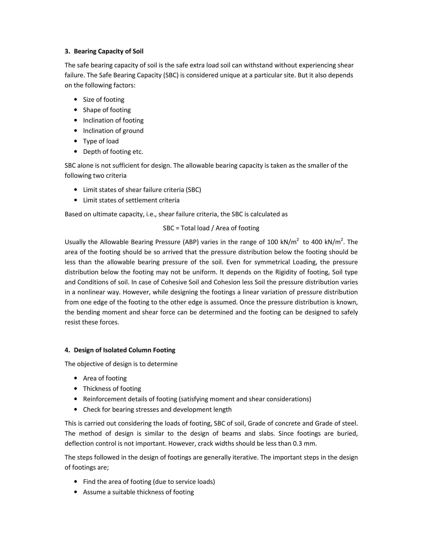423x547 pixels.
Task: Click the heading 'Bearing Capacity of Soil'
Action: point(108,51)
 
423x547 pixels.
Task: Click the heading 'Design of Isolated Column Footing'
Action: point(124,350)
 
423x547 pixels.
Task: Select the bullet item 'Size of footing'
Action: point(103,100)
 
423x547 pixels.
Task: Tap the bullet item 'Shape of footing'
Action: point(107,110)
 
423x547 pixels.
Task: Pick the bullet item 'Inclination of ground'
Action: point(113,131)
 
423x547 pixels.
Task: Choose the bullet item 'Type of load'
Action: point(101,141)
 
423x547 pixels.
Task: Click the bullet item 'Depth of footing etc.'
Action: point(113,152)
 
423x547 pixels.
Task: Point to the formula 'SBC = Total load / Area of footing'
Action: point(211,228)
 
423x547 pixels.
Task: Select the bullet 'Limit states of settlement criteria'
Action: point(131,200)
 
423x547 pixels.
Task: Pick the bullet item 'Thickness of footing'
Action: point(112,389)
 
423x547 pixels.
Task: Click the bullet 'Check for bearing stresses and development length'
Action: point(157,410)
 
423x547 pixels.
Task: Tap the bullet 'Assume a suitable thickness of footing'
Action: point(138,492)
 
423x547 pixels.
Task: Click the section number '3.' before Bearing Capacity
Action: point(67,51)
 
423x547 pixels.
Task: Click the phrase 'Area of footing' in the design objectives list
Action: point(105,378)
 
